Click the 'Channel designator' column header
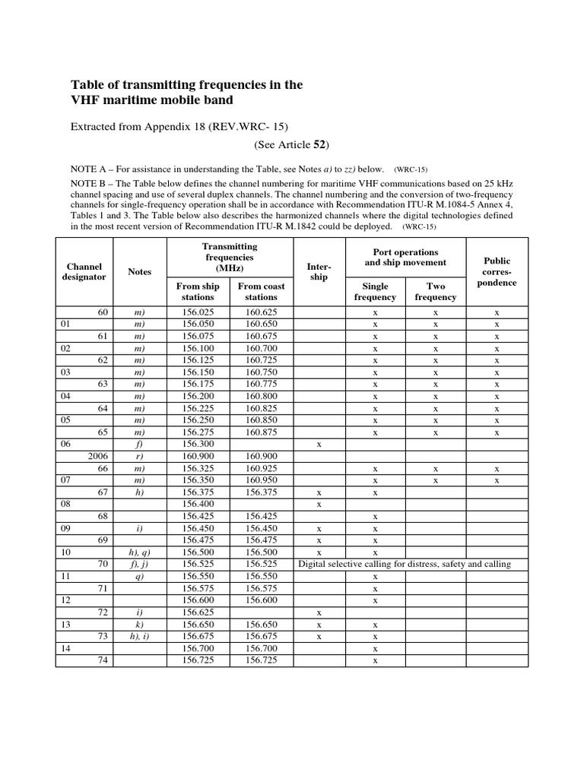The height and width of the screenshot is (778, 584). tap(84, 271)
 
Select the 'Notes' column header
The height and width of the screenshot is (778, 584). tap(140, 271)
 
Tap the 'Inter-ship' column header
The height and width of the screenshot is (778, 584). tap(319, 271)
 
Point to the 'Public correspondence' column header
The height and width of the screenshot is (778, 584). tap(497, 271)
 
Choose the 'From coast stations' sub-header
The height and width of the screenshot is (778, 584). tap(261, 292)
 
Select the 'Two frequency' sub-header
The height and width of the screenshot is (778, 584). tap(436, 292)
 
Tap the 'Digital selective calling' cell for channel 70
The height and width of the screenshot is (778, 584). tap(404, 564)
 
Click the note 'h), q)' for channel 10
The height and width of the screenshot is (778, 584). tap(140, 552)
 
